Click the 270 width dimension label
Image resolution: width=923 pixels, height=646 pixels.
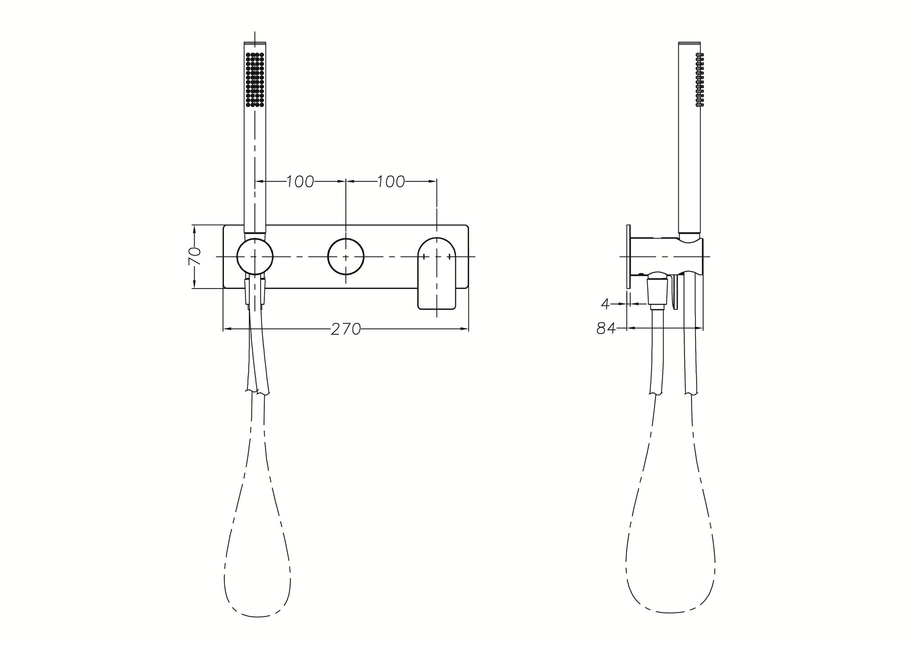[346, 330]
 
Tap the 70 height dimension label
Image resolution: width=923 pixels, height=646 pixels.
[194, 257]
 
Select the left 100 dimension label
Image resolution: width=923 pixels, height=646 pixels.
[300, 182]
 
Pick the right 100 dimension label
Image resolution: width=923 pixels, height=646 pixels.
[391, 182]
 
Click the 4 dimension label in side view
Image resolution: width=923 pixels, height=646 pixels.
[605, 304]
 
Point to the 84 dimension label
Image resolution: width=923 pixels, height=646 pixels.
[606, 329]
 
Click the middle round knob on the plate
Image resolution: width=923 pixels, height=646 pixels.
[346, 256]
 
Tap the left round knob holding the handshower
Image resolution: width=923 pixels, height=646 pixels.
[255, 256]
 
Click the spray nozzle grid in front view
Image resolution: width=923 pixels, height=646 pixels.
[255, 80]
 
